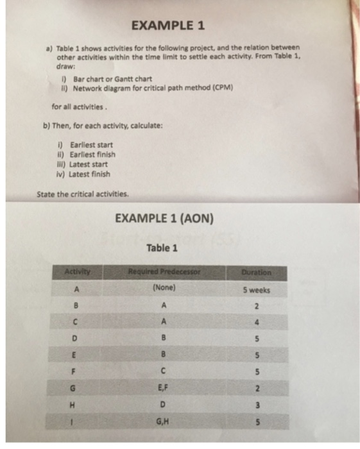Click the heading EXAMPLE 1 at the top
coord(167,26)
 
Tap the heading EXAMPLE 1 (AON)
coord(164,219)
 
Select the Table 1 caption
coord(162,248)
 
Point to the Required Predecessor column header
coord(164,272)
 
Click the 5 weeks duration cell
coord(257,289)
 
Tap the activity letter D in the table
coord(76,337)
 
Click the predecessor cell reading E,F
coord(164,387)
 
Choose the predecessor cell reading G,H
coord(164,420)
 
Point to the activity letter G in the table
coord(76,387)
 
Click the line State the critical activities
coord(83,193)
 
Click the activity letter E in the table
coord(76,354)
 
